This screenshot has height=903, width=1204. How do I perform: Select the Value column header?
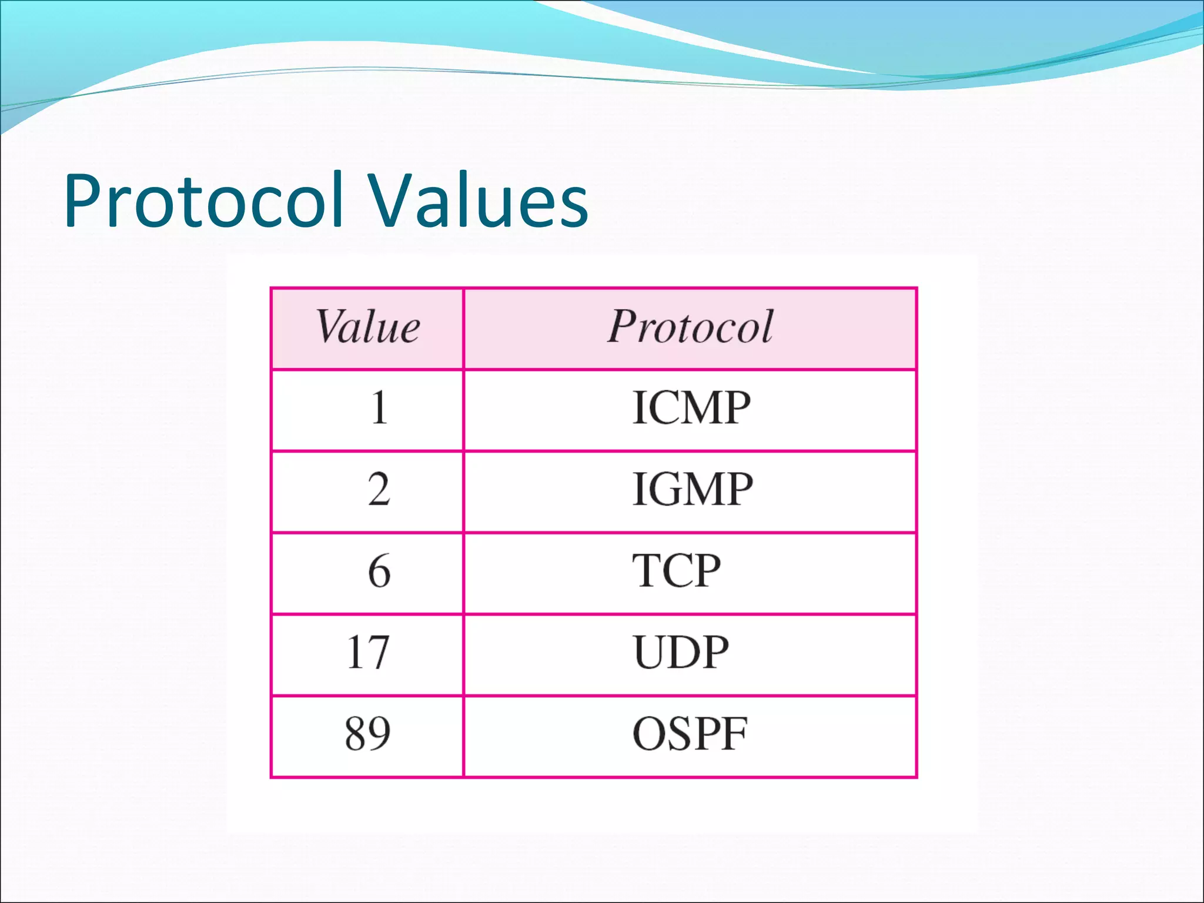[x=368, y=327]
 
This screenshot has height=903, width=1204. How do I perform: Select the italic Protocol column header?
[x=690, y=327]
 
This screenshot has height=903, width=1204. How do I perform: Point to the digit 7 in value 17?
[x=379, y=653]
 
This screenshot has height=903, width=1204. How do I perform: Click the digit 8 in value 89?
[x=356, y=734]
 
